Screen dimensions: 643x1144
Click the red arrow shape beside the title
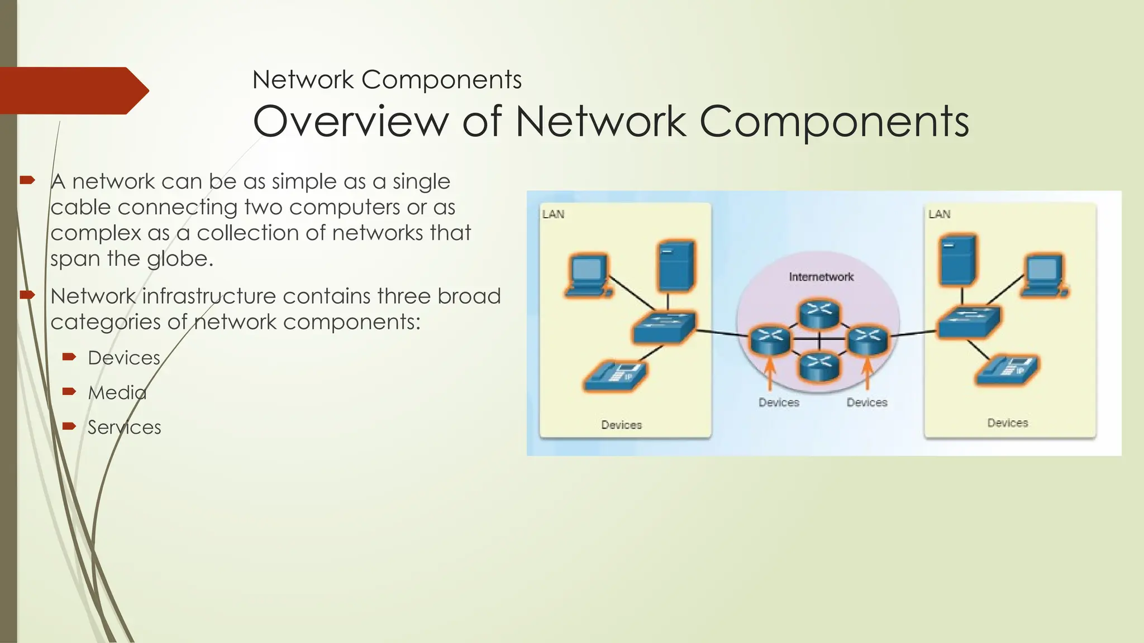coord(70,90)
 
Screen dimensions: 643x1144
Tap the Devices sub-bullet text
coord(124,358)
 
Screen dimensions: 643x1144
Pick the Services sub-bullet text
coord(124,428)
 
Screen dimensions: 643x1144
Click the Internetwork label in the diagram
coord(821,277)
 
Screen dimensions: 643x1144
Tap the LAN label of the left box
coord(553,214)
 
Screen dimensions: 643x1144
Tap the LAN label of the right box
coord(939,214)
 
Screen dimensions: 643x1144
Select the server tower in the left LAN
coord(676,266)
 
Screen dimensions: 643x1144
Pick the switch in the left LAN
coord(664,328)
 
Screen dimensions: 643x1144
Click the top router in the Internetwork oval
coord(819,313)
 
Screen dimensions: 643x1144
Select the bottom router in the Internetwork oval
coord(819,367)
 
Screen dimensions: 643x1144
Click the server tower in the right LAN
coord(959,260)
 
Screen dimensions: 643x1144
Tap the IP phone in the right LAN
coord(1007,370)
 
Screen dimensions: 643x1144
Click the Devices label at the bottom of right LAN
coord(1007,423)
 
